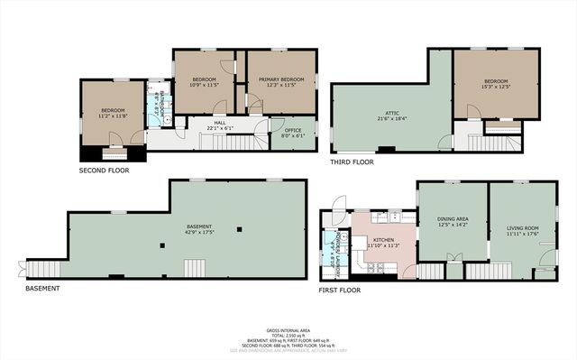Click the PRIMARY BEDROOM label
pos(281,79)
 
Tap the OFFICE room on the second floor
pos(292,131)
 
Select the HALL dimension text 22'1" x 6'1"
pos(219,127)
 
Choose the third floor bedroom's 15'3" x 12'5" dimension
pos(496,88)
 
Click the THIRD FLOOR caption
pos(352,162)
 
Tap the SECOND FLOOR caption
pos(105,169)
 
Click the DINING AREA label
pos(452,218)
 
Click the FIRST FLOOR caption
pos(340,290)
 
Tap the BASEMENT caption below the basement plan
pos(42,289)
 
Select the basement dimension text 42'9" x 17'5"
pos(198,233)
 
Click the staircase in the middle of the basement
pos(196,268)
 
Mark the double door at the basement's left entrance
pos(23,269)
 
